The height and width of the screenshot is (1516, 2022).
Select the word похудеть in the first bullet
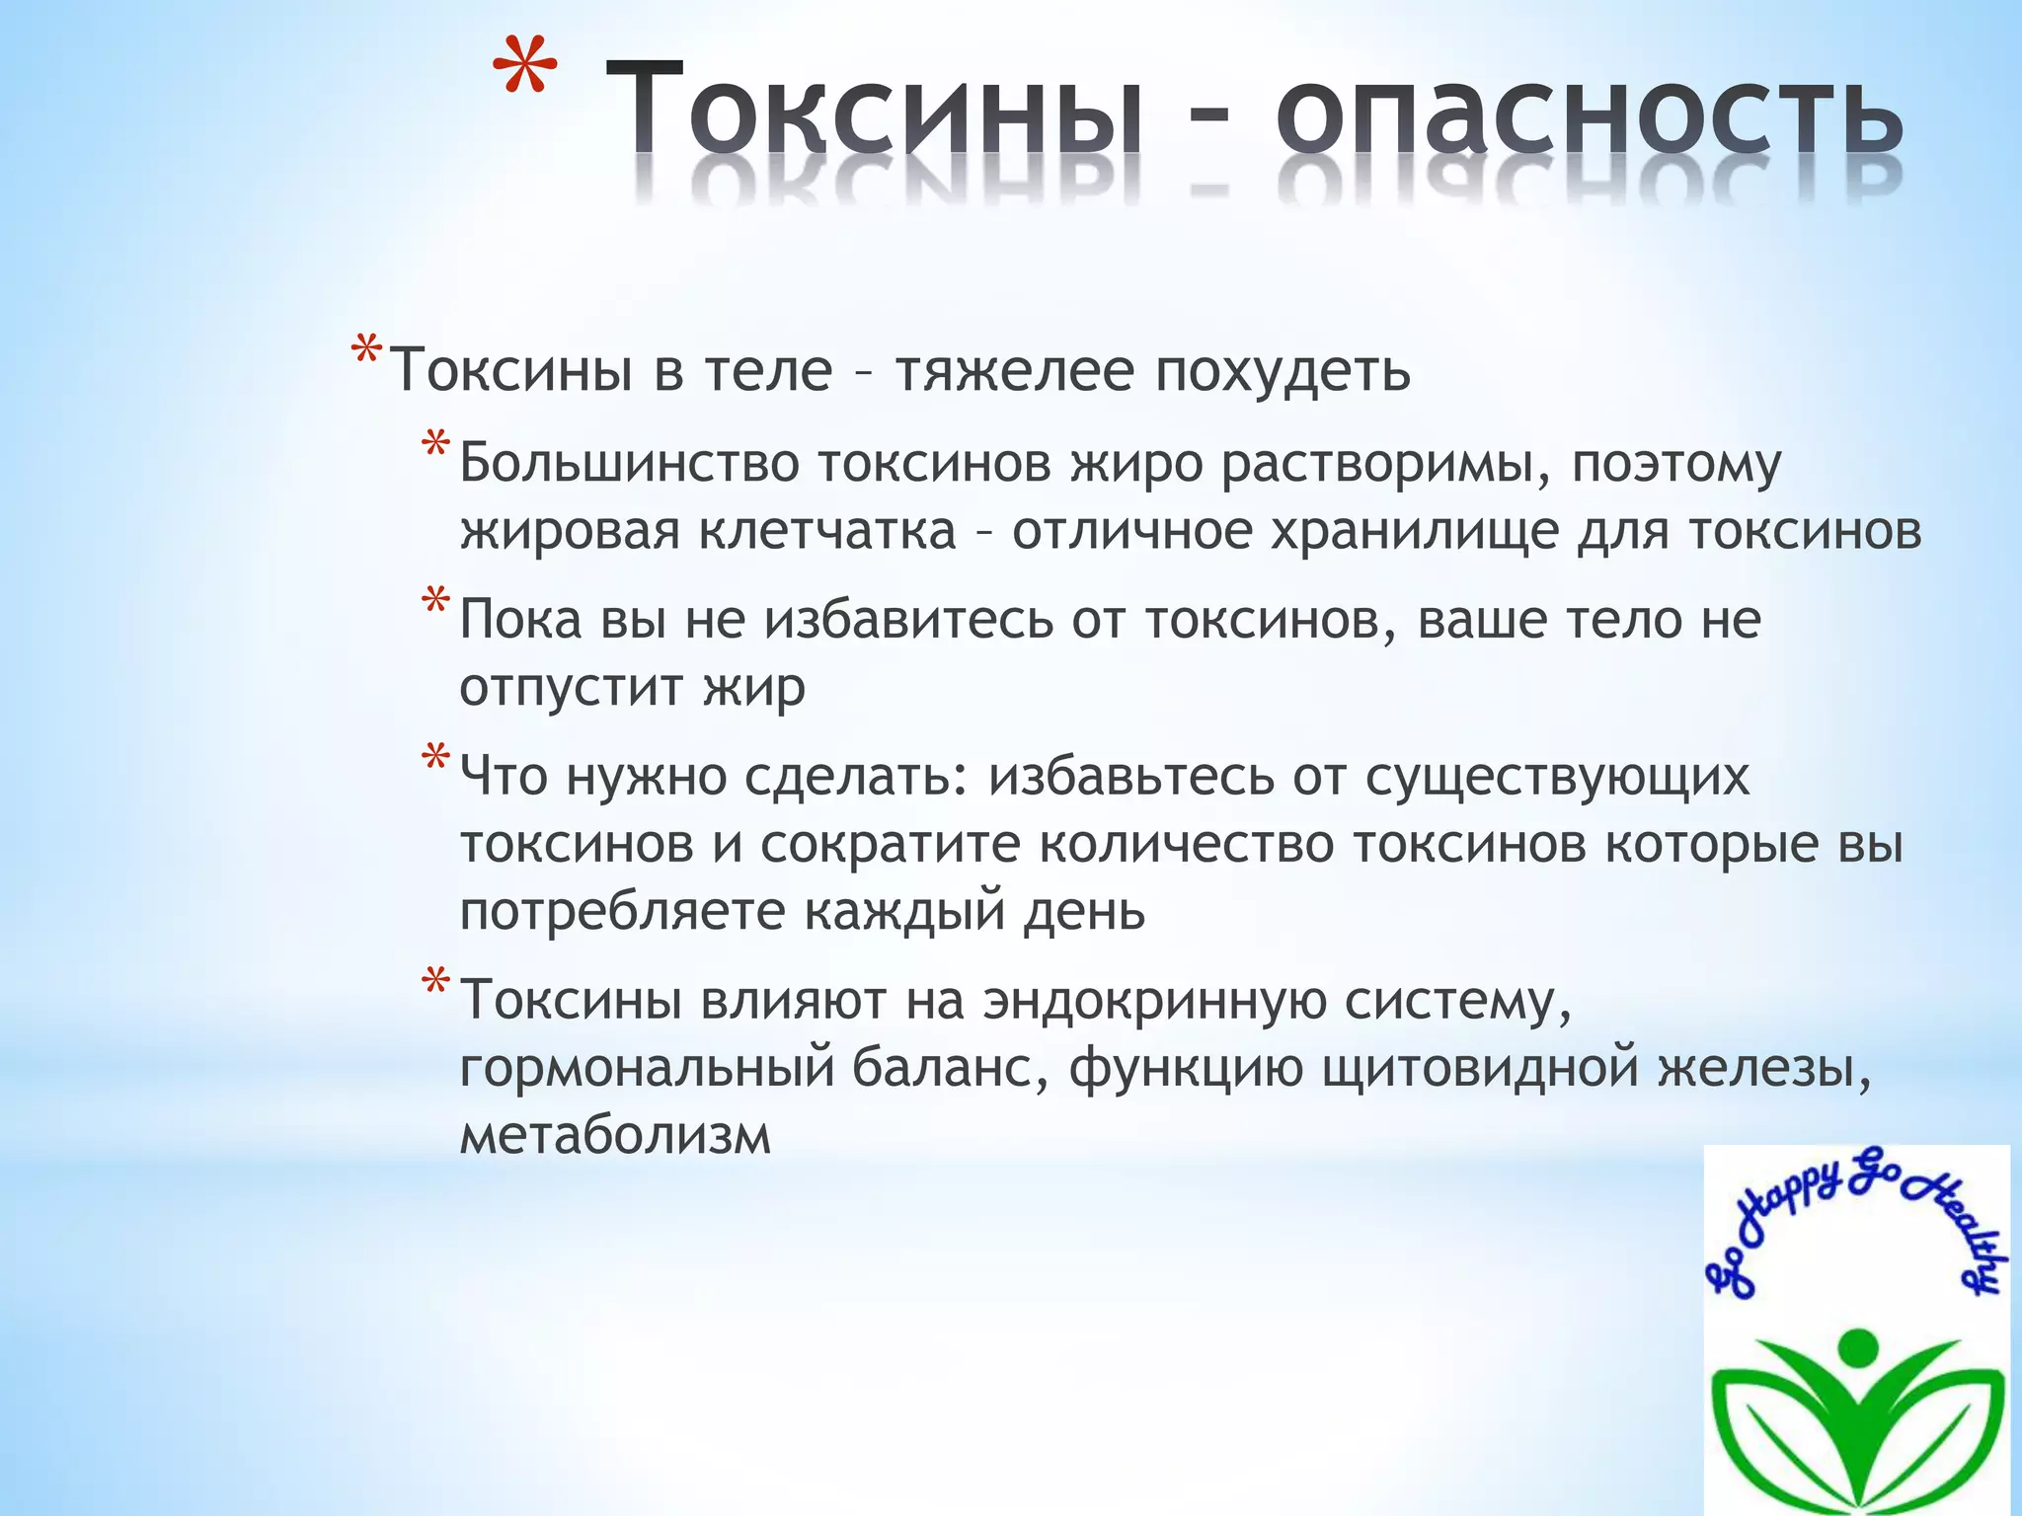point(1283,372)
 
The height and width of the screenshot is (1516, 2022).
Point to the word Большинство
point(629,464)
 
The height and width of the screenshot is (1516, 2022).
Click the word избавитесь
point(909,621)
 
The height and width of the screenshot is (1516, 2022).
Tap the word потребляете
point(621,911)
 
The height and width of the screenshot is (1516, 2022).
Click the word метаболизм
point(614,1135)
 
